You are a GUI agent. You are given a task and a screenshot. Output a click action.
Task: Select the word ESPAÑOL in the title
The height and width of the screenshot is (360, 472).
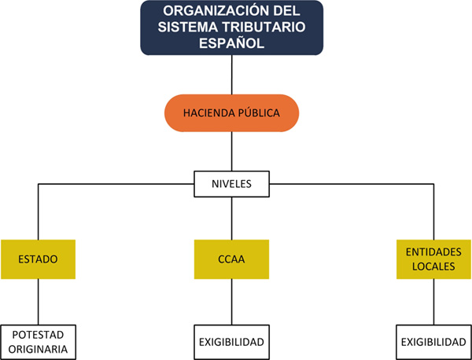pyautogui.click(x=231, y=44)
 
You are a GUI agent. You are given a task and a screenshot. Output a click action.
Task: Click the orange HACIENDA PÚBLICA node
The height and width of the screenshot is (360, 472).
pyautogui.click(x=231, y=113)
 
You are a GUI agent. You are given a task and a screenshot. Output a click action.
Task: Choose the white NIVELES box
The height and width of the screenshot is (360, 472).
pyautogui.click(x=231, y=185)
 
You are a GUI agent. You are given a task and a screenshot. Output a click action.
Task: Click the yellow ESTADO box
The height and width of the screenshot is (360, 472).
pyautogui.click(x=38, y=259)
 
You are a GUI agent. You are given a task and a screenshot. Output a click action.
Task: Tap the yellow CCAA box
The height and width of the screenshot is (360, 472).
pyautogui.click(x=231, y=259)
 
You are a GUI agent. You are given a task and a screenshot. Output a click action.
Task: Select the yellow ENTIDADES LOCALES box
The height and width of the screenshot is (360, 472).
pyautogui.click(x=433, y=259)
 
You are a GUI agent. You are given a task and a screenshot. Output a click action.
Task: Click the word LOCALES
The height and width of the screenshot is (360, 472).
pyautogui.click(x=433, y=266)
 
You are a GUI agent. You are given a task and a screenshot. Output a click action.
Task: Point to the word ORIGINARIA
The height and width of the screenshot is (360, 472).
pyautogui.click(x=38, y=348)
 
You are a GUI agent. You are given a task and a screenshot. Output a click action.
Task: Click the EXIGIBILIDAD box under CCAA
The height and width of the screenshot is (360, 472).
pyautogui.click(x=231, y=343)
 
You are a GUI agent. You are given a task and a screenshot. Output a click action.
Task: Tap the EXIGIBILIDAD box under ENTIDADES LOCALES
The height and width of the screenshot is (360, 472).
pyautogui.click(x=433, y=343)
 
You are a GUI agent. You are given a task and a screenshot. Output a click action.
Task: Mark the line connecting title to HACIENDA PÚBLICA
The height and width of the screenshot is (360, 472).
pyautogui.click(x=231, y=75)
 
